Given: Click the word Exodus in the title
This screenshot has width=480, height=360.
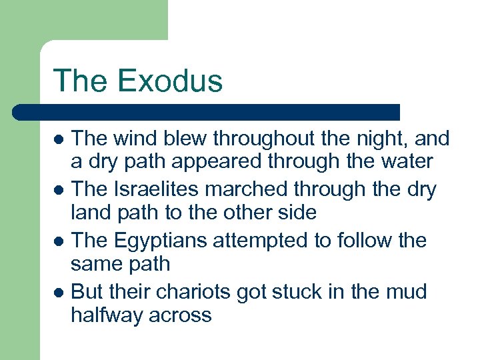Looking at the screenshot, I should point(171,81).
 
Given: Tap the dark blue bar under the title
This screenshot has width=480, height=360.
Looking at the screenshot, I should point(207,112).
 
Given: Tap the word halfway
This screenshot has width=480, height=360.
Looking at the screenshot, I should point(105,315).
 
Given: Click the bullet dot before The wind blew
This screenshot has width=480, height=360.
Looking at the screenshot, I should point(59,140).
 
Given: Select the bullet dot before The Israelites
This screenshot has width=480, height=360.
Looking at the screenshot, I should point(59,191).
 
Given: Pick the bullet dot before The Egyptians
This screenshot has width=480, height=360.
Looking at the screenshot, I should point(59,241).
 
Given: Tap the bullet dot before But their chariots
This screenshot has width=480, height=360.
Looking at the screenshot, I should point(59,292).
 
